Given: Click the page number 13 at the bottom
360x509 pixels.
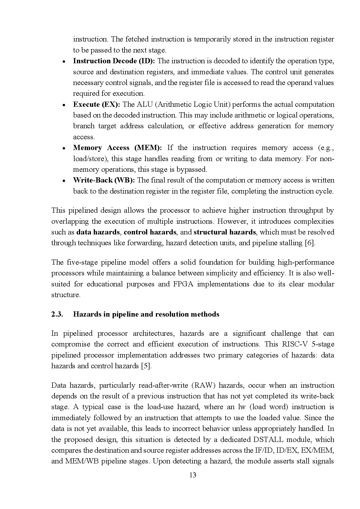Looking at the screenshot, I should tap(192, 475).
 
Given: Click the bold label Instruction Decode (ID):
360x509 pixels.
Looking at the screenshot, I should tap(114, 61).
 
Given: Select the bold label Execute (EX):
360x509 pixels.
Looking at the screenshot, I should tap(96, 104).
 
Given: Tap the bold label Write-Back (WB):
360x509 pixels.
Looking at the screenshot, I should tap(104, 180).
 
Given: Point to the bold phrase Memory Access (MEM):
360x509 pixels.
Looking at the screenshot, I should tap(117, 148).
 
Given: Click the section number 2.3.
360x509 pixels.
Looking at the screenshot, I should tap(57, 314).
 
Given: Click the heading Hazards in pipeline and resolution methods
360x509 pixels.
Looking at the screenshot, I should tap(146, 314).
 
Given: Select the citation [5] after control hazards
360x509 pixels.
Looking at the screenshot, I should tap(146, 366).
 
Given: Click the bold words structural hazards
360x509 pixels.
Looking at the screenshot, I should tap(225, 232).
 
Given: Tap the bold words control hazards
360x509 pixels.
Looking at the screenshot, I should tap(150, 232).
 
